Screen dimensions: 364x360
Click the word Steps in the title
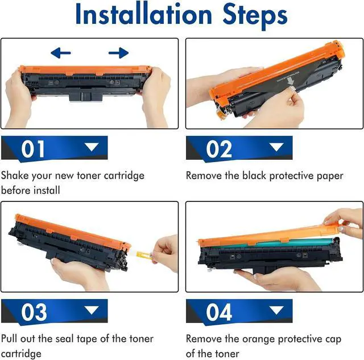pos(255,16)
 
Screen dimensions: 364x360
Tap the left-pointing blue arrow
pos(61,53)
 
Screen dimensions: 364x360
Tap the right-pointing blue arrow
pos(119,53)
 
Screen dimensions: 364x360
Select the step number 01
pos(33,149)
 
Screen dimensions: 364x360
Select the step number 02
pos(219,149)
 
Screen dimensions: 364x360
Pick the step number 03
pos(34,312)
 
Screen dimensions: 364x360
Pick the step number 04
pos(219,312)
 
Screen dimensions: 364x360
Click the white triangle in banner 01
pos(92,147)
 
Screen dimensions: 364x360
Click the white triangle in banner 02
pos(276,147)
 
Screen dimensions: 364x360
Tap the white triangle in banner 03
pos(92,310)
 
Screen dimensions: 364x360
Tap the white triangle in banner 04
pos(276,310)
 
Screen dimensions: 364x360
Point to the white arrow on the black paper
pos(290,81)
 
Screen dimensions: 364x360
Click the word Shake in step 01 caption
pos(15,176)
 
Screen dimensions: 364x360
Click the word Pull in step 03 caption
pos(9,338)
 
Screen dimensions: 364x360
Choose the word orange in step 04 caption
pos(258,340)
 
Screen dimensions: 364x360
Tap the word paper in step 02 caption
pos(330,176)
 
